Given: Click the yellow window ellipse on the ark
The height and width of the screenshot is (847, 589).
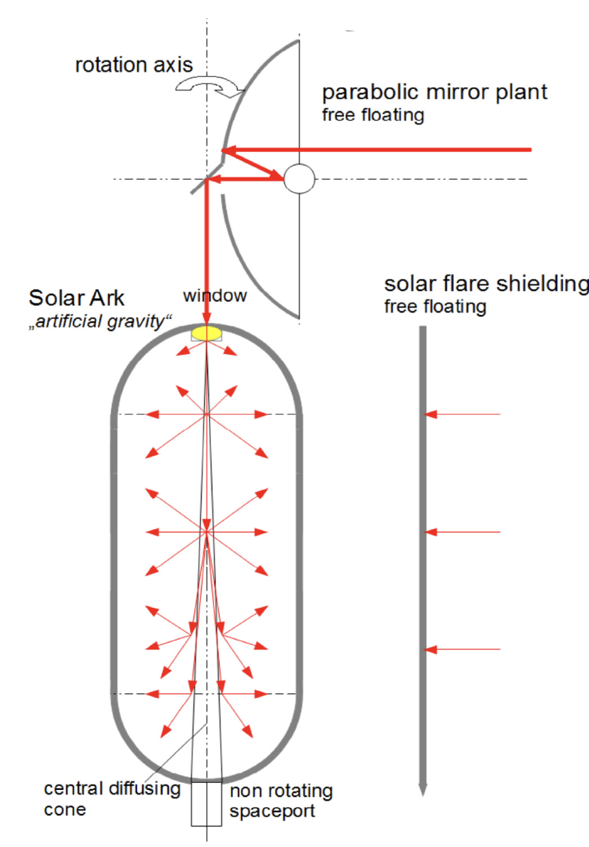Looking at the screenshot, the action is coord(206,333).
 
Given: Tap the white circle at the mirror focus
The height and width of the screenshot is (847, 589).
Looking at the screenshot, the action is coord(299,179).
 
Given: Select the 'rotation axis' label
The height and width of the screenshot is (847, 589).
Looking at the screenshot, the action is coord(134,65).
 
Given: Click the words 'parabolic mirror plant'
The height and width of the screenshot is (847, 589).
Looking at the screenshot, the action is coord(435,93).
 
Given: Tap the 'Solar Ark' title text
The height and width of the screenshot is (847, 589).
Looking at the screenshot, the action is coord(76,298).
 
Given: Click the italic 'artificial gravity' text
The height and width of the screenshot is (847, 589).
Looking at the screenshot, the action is coord(100,322).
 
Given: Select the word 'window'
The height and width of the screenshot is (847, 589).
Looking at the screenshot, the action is coord(215,296).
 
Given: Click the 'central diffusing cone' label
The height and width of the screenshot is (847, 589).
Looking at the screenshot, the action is coord(112,799).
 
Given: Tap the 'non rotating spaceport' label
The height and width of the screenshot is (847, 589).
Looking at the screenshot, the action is coord(281,801).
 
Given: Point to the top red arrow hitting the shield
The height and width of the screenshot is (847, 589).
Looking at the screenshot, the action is coord(462,414).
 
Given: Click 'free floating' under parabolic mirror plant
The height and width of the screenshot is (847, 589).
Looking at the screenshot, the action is coord(373,115).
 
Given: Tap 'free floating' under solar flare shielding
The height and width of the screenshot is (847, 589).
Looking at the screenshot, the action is coord(435,307).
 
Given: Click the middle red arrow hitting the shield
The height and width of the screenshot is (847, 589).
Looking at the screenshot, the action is coord(462,532).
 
